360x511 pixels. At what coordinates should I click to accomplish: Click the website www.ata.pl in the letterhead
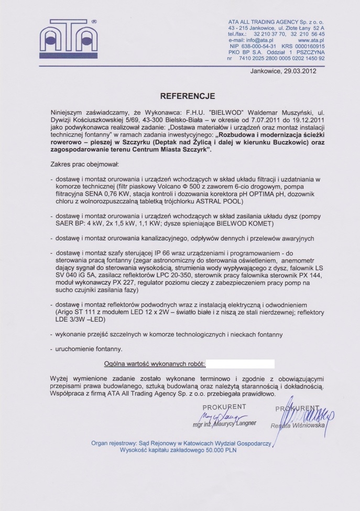tap(311, 40)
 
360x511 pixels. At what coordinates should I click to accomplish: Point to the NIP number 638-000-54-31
tap(254, 46)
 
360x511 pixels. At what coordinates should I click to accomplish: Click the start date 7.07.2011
tap(246, 119)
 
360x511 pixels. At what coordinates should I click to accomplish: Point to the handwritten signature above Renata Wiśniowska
tap(309, 414)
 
